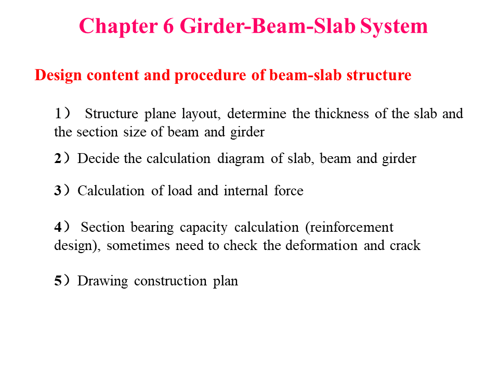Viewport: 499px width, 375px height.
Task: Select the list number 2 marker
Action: point(58,159)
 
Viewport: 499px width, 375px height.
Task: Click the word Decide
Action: point(99,159)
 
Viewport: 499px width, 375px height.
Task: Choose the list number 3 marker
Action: point(58,191)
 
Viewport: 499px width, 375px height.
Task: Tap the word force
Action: point(288,191)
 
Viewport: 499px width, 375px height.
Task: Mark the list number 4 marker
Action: point(58,227)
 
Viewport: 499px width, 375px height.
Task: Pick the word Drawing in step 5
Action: point(102,281)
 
